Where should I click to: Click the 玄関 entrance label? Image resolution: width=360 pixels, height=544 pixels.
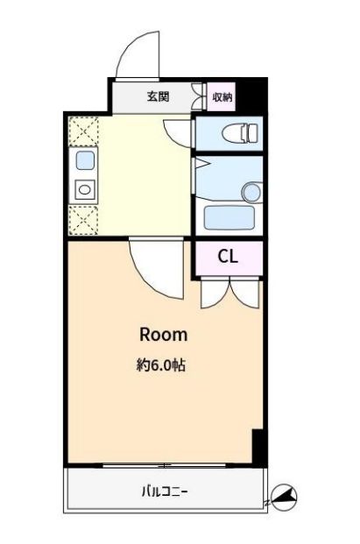[x=158, y=96]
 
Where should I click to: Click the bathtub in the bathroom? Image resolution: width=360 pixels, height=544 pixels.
[x=229, y=215]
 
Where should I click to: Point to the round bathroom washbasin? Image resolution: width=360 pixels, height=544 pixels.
[x=251, y=191]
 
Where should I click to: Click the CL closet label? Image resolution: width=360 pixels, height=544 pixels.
[x=228, y=257]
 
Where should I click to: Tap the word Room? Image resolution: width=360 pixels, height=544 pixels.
[x=164, y=335]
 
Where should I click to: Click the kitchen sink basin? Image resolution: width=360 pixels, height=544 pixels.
[x=85, y=160]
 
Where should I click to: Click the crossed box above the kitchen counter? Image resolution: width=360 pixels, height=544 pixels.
[x=82, y=131]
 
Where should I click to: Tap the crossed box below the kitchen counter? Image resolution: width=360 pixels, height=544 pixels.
[x=82, y=218]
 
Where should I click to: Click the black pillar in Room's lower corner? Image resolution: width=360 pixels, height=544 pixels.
[x=258, y=447]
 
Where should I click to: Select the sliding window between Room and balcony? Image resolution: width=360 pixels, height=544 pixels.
[x=166, y=464]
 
